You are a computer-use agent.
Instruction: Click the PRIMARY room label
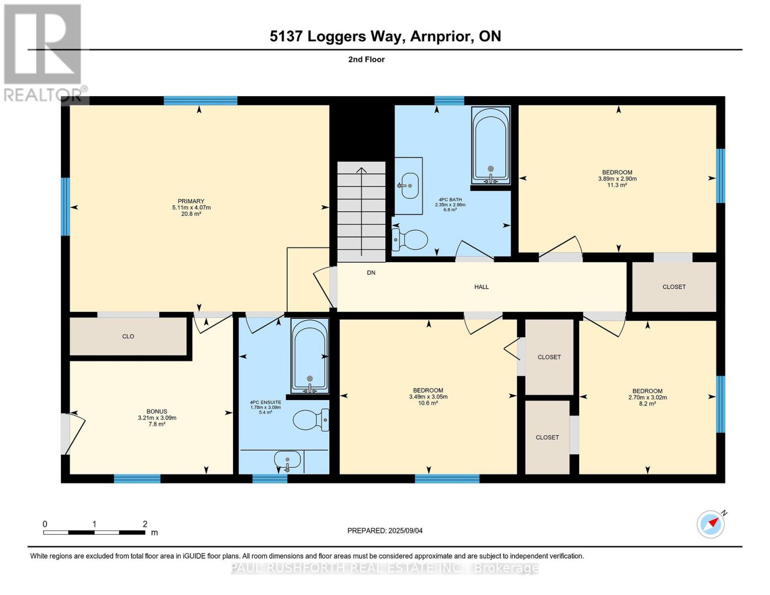click(191, 201)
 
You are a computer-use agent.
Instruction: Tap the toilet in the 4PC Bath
click(410, 239)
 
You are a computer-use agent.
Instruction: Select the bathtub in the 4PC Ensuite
click(310, 356)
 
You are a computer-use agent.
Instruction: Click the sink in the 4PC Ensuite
click(288, 460)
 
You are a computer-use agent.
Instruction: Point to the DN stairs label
click(371, 273)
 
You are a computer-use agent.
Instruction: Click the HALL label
click(481, 287)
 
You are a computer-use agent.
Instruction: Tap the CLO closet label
click(128, 336)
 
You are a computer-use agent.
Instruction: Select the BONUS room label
click(157, 412)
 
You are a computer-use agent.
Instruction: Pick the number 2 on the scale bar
click(145, 524)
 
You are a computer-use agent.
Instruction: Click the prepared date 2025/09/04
click(406, 531)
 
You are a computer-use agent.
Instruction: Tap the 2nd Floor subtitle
click(366, 59)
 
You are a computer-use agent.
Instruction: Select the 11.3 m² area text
click(617, 184)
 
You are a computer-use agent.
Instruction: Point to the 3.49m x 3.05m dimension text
click(428, 397)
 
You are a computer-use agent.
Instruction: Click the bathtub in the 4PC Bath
click(491, 145)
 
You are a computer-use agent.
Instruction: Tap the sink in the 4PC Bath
click(409, 185)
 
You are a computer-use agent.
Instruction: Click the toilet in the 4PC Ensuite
click(311, 419)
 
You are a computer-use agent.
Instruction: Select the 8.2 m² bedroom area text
click(648, 403)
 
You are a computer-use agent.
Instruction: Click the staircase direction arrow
click(361, 212)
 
